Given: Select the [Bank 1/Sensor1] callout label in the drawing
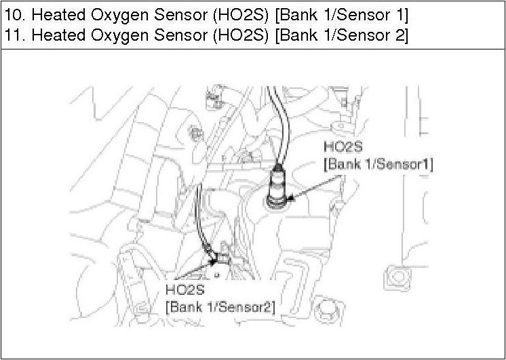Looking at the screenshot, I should (x=378, y=164).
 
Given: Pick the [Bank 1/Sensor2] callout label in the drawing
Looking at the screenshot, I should (x=220, y=306).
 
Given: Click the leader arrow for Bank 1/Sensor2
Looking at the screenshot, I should (x=200, y=271).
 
